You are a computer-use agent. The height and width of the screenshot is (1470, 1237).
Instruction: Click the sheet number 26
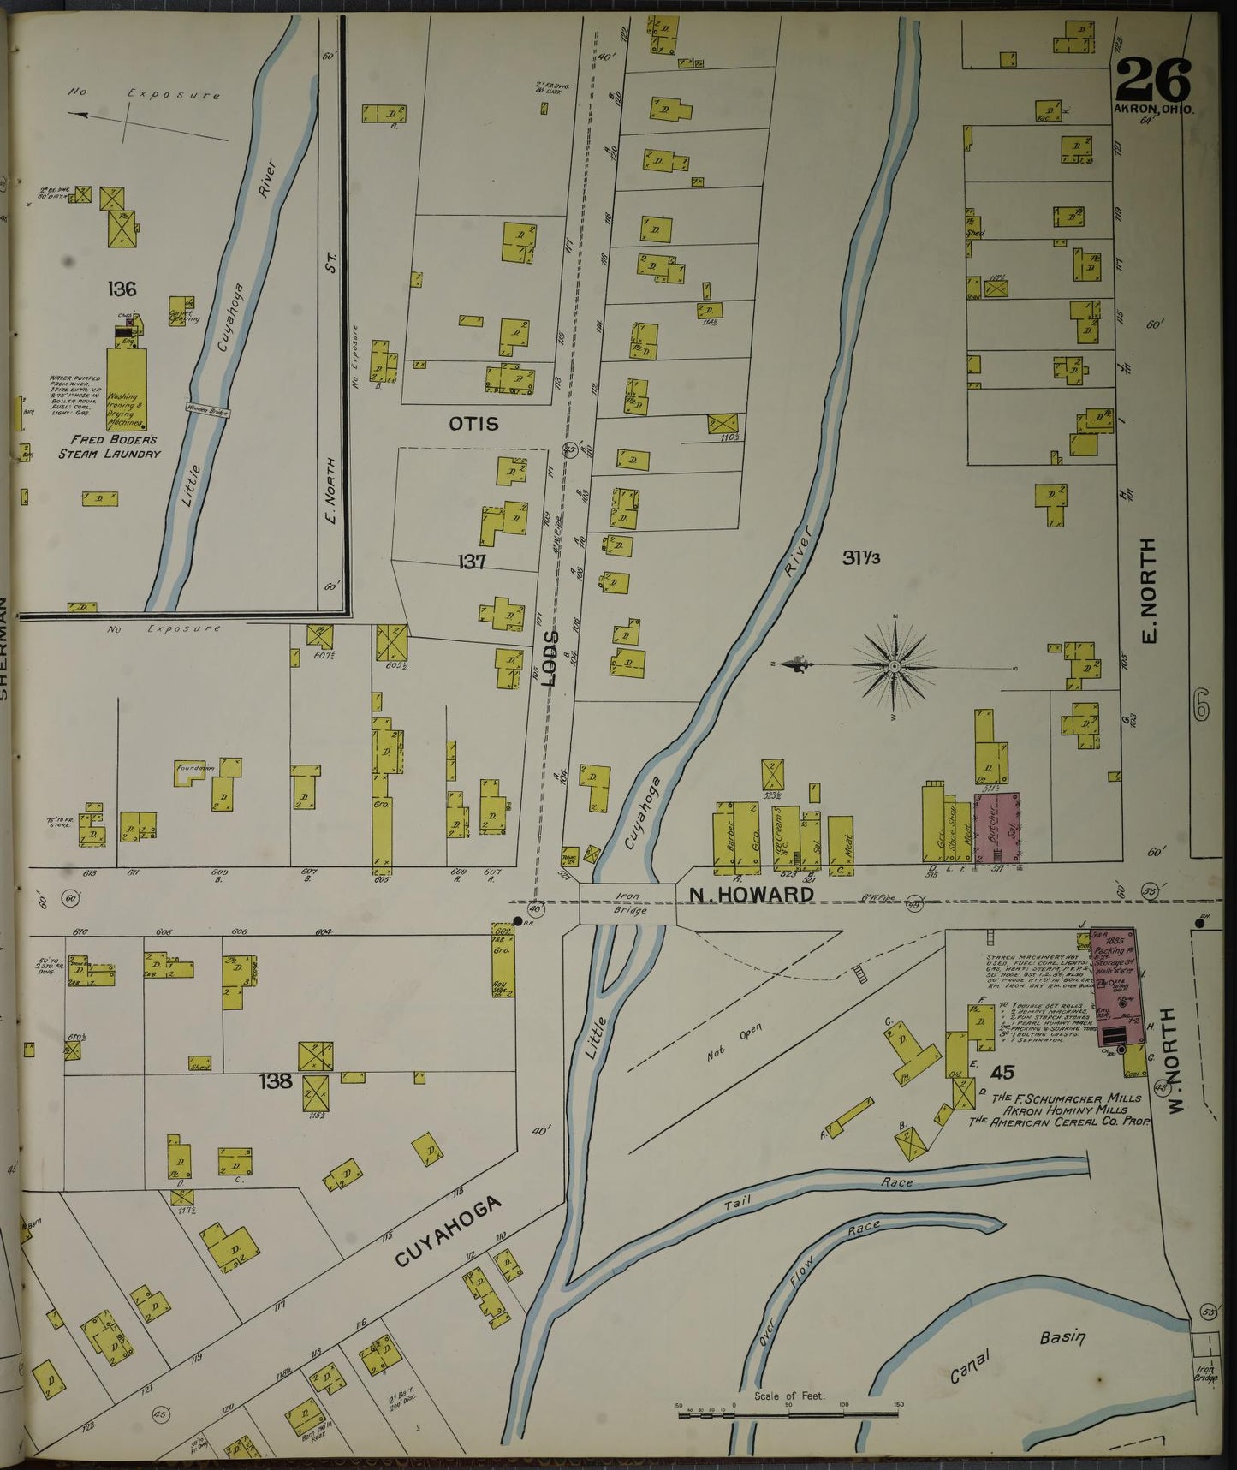pos(1152,80)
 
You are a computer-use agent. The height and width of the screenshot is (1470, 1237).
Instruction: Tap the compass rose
pos(894,665)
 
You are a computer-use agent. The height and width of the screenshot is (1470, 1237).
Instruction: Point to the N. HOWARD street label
pos(752,896)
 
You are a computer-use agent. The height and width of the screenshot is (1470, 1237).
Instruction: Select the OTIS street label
pos(473,423)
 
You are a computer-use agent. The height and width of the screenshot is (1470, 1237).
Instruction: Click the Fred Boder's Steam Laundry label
pos(109,446)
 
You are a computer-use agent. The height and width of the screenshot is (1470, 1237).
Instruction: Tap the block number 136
pos(122,289)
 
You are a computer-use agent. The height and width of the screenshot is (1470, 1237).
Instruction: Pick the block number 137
pos(472,562)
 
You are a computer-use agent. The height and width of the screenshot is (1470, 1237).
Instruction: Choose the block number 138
pos(277,1081)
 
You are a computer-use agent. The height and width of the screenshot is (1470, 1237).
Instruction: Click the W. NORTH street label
pos(1175,1060)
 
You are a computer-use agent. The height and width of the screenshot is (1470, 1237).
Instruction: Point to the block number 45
pos(1002,1072)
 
